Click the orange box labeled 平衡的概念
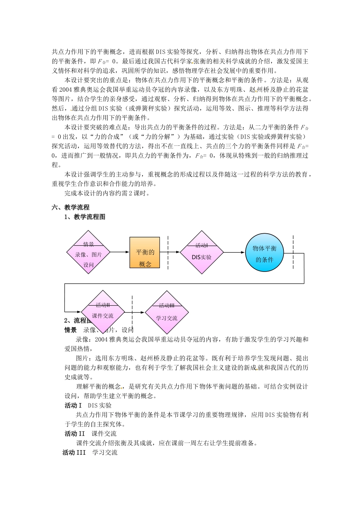click(145, 252)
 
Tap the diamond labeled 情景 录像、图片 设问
click(88, 252)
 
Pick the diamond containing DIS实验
click(202, 252)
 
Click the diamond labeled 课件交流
click(103, 312)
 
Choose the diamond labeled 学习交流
click(167, 312)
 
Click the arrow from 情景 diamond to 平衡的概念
click(120, 252)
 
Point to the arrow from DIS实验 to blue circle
click(234, 252)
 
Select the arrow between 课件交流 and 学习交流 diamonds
click(135, 312)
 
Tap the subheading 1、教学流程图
click(85, 217)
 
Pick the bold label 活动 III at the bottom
click(74, 453)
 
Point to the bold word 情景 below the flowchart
click(70, 330)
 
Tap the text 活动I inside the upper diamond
click(202, 245)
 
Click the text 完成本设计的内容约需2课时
click(107, 193)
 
